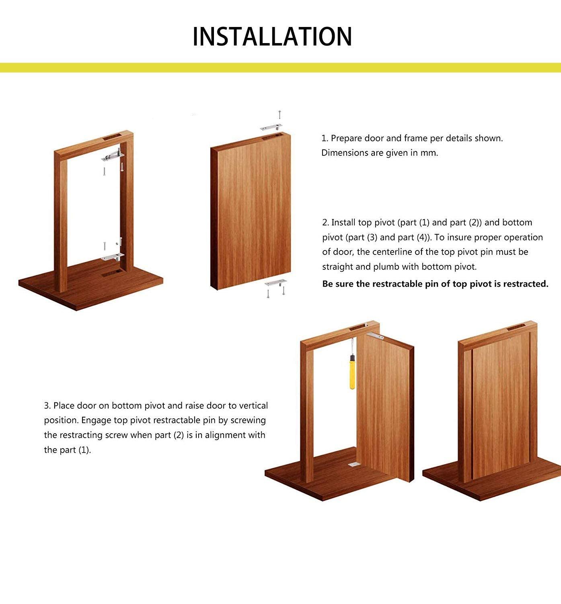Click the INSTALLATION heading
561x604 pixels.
click(272, 37)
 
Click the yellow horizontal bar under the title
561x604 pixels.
click(280, 68)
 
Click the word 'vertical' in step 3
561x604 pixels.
click(253, 405)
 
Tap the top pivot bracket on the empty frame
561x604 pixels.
click(112, 156)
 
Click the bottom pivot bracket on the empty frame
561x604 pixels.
click(113, 257)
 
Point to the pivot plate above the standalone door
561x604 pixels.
click(271, 128)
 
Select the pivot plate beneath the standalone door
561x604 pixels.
click(275, 283)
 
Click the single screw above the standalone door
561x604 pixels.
click(279, 115)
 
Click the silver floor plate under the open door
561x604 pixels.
click(354, 464)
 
